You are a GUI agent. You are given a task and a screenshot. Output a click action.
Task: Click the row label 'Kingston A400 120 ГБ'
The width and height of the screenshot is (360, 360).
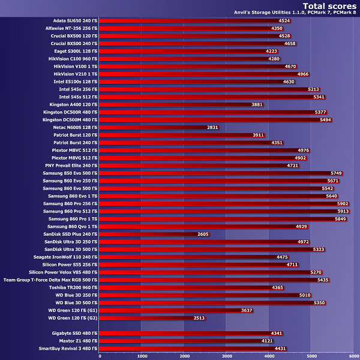[73, 104]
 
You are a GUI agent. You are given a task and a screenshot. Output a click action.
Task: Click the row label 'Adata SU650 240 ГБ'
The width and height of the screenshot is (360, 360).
[73, 20]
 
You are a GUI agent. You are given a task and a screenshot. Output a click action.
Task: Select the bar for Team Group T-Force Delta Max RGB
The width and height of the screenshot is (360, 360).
[209, 280]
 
